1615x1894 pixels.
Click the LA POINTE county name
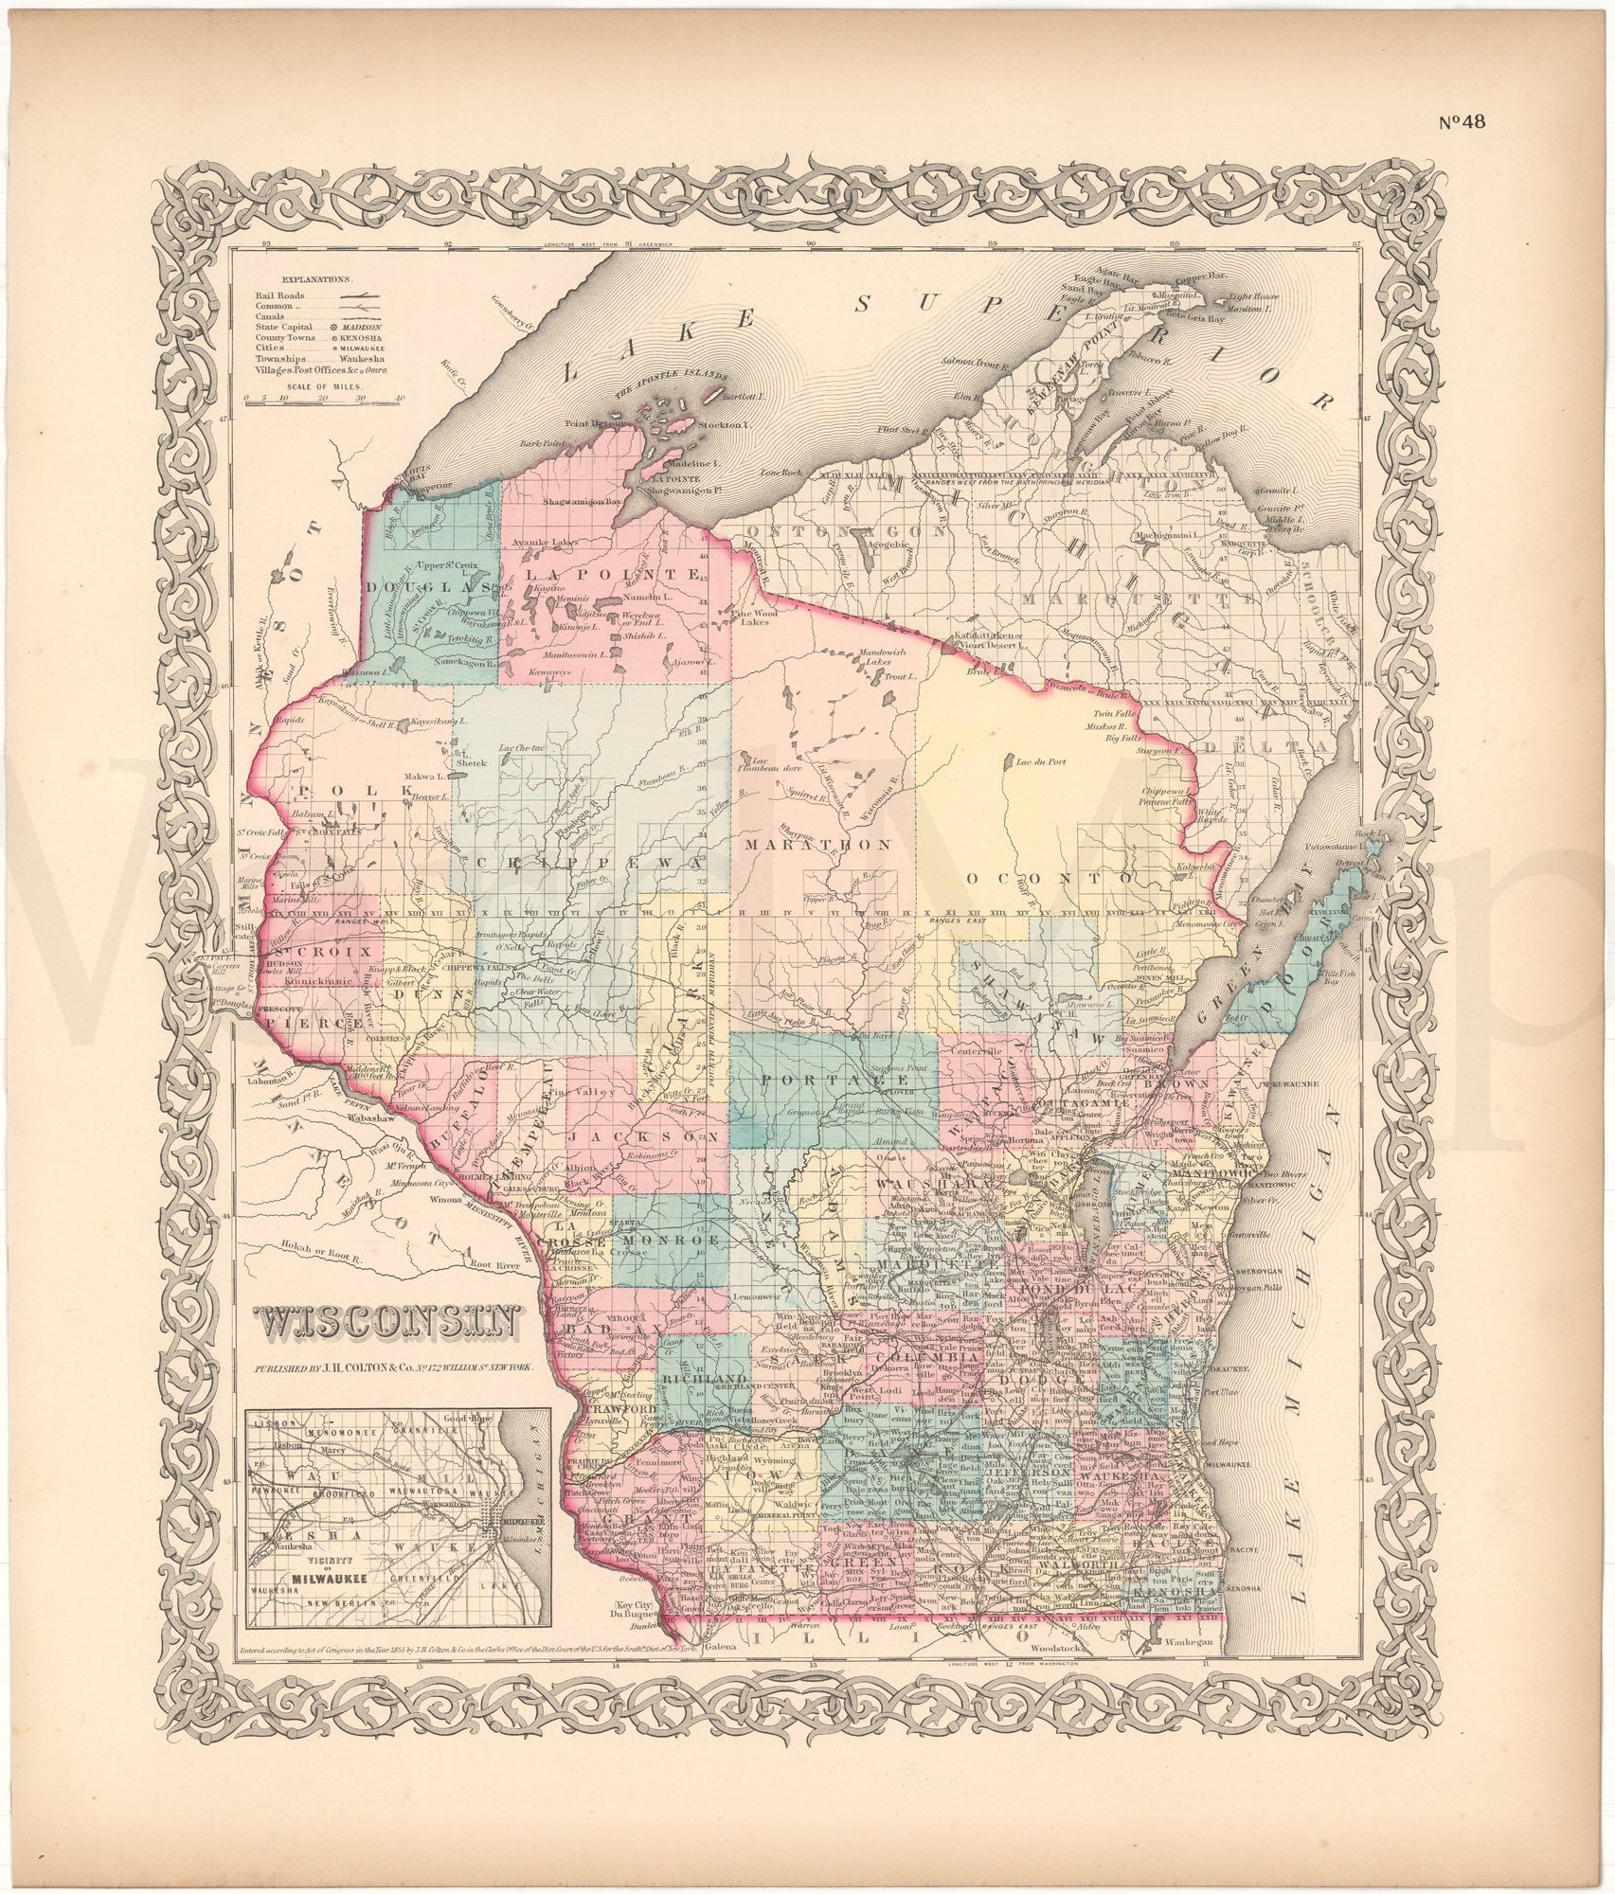point(614,575)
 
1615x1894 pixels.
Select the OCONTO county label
point(1050,878)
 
